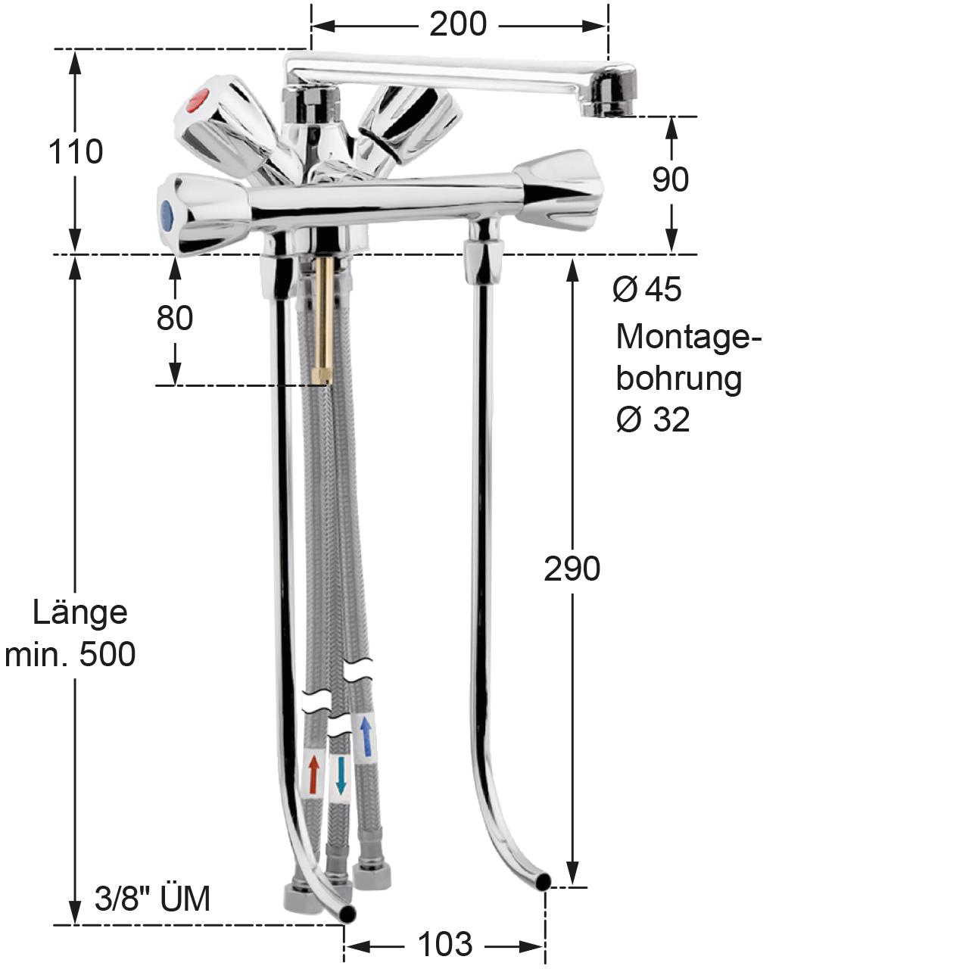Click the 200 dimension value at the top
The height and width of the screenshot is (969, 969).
458,23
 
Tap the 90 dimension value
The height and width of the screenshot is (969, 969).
670,179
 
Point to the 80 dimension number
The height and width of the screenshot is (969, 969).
174,318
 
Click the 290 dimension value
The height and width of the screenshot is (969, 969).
572,569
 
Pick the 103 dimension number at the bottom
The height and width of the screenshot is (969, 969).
445,944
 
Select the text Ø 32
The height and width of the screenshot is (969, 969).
653,419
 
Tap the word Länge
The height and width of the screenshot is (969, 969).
80,612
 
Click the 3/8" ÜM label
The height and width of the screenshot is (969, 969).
152,899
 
